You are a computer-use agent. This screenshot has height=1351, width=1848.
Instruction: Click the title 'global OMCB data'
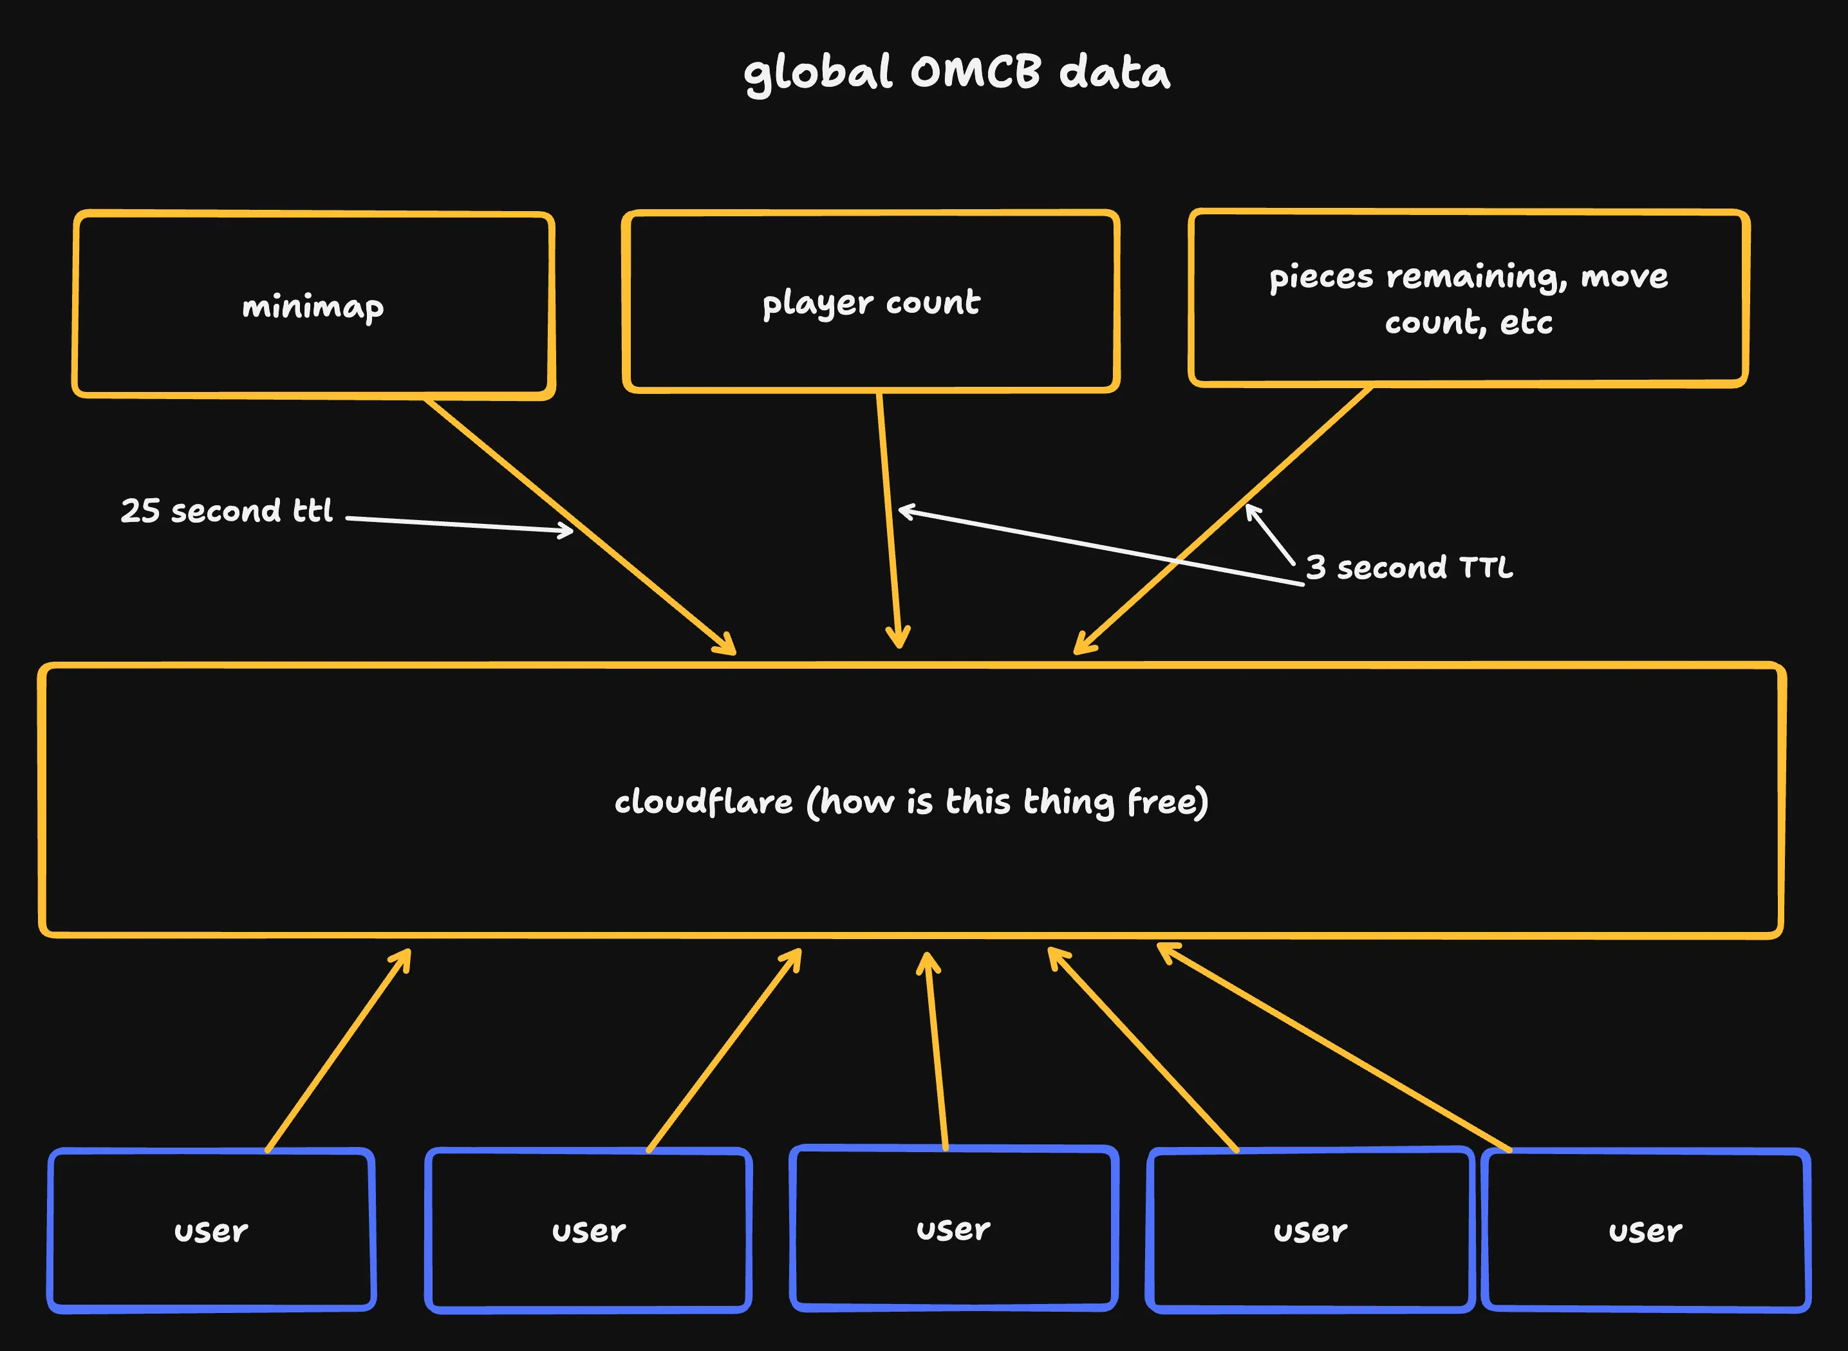coord(957,73)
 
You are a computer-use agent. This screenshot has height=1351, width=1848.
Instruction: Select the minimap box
coord(314,306)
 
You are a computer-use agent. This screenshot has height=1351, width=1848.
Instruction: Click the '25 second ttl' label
coord(227,511)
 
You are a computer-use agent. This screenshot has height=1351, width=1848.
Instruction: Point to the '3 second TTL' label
coord(1409,568)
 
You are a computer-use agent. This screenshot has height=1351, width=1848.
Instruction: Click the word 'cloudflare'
coord(704,802)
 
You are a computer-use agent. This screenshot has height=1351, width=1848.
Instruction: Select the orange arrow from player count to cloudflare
coord(890,523)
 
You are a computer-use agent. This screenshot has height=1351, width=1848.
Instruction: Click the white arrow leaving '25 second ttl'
coord(458,524)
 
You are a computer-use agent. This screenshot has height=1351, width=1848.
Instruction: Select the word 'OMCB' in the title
coord(976,72)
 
